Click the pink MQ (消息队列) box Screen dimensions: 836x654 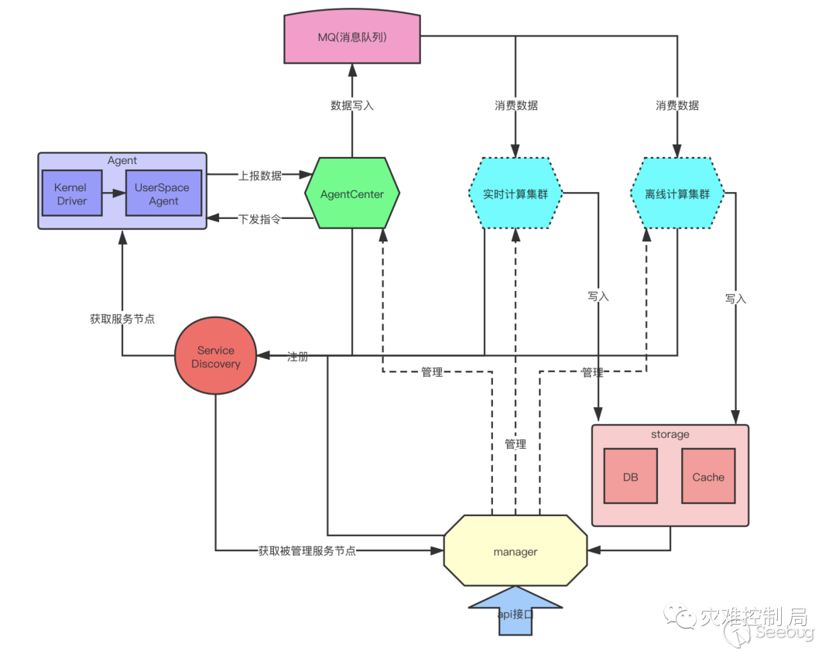(352, 36)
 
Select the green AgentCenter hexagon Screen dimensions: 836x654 (352, 193)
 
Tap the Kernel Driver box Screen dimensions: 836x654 (72, 193)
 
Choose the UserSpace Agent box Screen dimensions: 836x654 (163, 193)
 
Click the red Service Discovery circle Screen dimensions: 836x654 (215, 356)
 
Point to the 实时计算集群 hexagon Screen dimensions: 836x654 (516, 193)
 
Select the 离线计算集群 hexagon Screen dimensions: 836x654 (677, 193)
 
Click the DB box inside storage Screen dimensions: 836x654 (631, 477)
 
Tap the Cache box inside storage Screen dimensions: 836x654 (708, 477)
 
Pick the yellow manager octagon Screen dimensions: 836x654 (516, 550)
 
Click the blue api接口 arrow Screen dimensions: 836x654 (516, 611)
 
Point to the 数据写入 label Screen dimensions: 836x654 (352, 105)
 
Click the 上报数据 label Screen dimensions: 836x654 (260, 176)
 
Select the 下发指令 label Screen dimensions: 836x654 (259, 219)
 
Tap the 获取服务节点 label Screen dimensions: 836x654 (122, 319)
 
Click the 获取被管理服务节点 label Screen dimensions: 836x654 (307, 550)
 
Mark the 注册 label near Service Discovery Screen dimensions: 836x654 (298, 357)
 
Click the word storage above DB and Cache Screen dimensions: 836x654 (670, 434)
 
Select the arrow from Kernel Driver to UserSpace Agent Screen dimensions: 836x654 (114, 193)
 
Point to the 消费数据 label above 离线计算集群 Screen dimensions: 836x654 (677, 105)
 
